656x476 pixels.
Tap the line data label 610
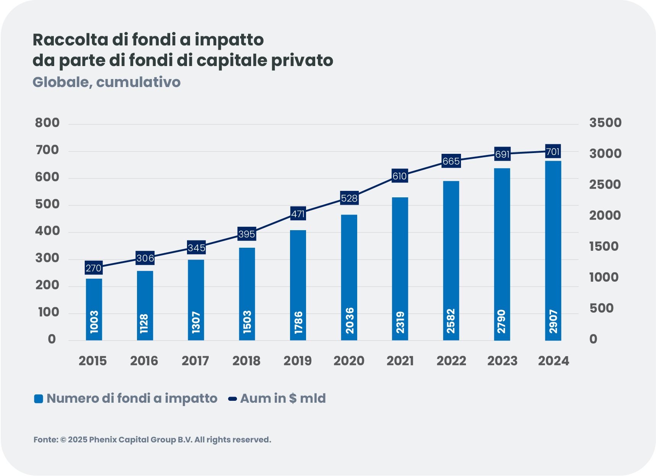(x=400, y=176)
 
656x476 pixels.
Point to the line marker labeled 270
(x=93, y=268)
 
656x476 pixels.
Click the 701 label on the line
(x=553, y=152)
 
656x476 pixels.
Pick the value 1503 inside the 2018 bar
(x=247, y=322)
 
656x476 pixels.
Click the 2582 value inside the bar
(x=451, y=321)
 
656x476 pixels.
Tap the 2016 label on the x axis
(x=144, y=361)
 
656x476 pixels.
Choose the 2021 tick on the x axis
(x=400, y=361)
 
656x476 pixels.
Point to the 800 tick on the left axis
(x=47, y=123)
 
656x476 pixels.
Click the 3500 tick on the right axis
(x=605, y=123)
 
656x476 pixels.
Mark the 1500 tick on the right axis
(x=604, y=247)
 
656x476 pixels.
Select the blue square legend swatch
(x=39, y=399)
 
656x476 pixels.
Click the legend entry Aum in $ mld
(x=282, y=399)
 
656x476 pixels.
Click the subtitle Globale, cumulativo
(x=106, y=82)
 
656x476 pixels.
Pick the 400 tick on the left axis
(x=47, y=231)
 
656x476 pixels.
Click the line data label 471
(x=298, y=214)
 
